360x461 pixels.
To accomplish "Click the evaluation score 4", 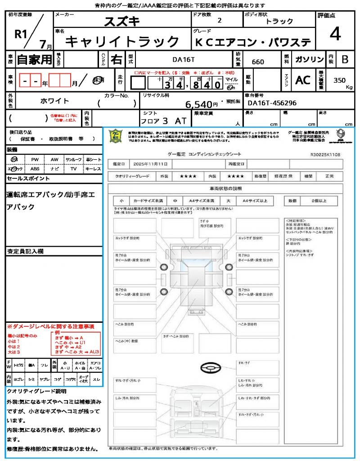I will click(335, 34).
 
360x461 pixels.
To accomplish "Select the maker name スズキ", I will click(122, 21).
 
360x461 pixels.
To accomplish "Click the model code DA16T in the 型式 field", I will click(184, 59).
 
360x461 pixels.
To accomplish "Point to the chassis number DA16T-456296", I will click(272, 103).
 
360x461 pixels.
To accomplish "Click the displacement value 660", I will click(258, 62).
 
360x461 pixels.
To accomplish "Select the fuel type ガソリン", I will click(309, 59).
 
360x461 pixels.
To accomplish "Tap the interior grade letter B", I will click(345, 59).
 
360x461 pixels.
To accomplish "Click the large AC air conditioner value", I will click(303, 80).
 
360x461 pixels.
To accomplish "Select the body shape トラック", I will click(279, 21).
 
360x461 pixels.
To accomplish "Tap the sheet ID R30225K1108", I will click(325, 154).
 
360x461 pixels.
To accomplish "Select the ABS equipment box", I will click(35, 169).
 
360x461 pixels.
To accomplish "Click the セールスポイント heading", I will click(28, 179).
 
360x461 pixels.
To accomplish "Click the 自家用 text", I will click(35, 59).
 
